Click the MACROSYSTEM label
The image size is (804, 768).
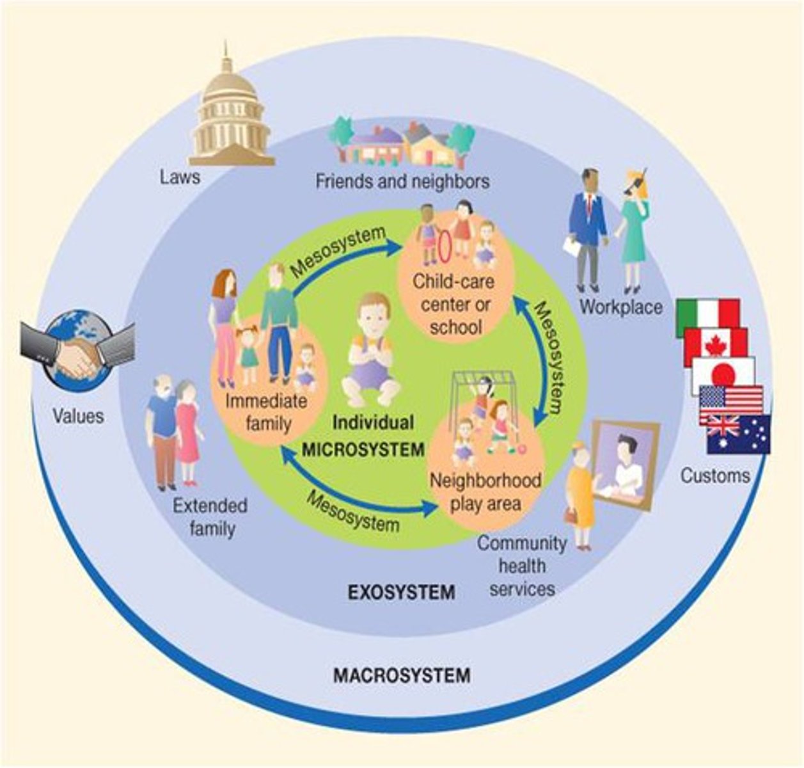(x=402, y=675)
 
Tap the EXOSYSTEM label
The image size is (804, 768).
(x=401, y=593)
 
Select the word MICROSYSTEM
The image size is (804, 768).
(x=363, y=449)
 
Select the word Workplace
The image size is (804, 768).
(x=620, y=307)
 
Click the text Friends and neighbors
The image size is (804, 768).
(x=402, y=182)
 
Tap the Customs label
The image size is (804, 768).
(x=715, y=476)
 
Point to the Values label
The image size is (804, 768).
(x=78, y=417)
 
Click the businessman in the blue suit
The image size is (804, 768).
(x=587, y=227)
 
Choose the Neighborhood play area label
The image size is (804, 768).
(x=485, y=492)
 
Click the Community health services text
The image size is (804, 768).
(x=522, y=566)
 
